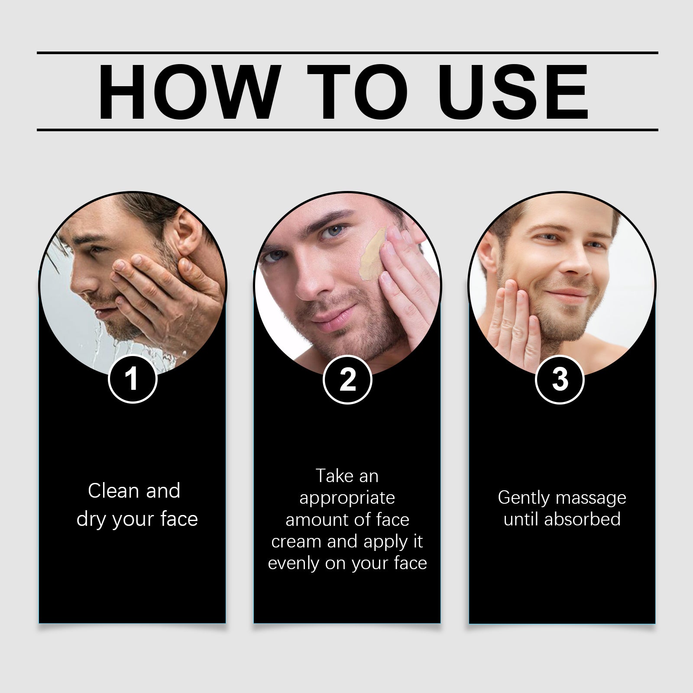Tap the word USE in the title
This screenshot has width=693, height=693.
click(x=515, y=92)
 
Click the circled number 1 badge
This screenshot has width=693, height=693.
click(x=132, y=379)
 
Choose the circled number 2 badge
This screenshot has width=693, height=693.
click(x=347, y=379)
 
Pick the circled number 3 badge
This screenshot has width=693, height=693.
click(x=560, y=379)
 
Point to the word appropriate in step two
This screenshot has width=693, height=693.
click(x=347, y=499)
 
